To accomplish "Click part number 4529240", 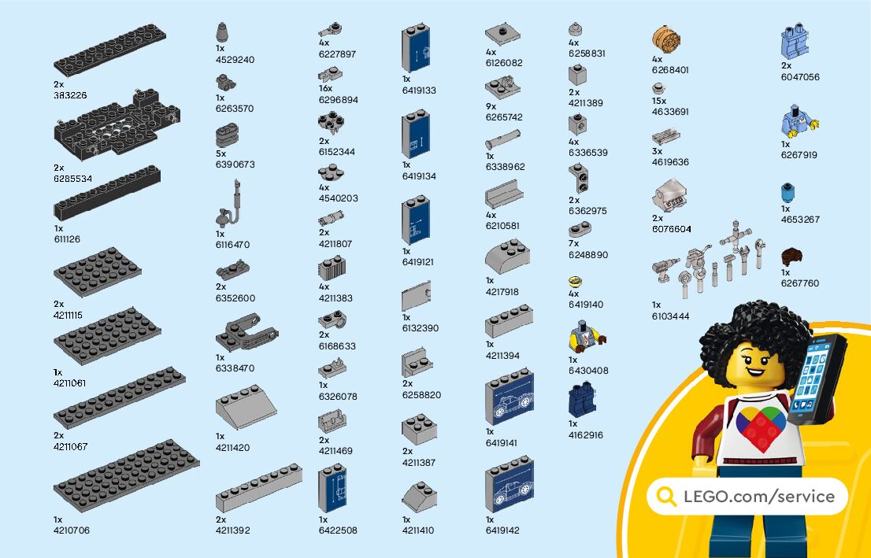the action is pyautogui.click(x=235, y=60).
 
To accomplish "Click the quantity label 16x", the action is pyautogui.click(x=325, y=89).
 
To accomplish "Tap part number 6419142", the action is pyautogui.click(x=502, y=530).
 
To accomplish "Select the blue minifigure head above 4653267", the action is pyautogui.click(x=788, y=193).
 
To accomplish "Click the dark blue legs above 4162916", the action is pyautogui.click(x=582, y=401).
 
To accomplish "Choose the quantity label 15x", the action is pyautogui.click(x=659, y=101).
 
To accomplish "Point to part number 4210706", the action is pyautogui.click(x=72, y=530).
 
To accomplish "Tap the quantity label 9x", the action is pyautogui.click(x=491, y=106).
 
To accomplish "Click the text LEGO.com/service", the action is pyautogui.click(x=758, y=497).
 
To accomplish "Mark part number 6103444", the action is pyautogui.click(x=670, y=316).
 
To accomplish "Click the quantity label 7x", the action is pyautogui.click(x=574, y=244).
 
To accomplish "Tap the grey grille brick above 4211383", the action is pyautogui.click(x=332, y=269).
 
